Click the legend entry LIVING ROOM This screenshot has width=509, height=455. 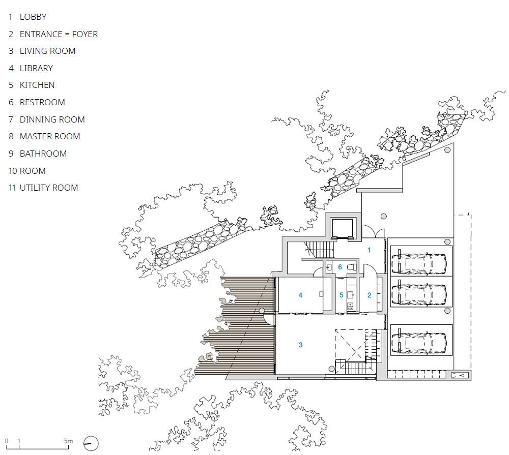point(47,51)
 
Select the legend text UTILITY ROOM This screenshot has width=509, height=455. point(49,188)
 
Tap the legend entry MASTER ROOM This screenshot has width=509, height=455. point(50,136)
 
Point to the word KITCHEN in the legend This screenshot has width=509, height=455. point(37,85)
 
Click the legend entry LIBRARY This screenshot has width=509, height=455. point(36,68)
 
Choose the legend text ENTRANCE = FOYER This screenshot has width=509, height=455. point(59,34)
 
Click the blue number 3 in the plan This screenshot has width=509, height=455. point(300,345)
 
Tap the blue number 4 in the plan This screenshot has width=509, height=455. point(300,295)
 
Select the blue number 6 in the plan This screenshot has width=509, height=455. point(340,267)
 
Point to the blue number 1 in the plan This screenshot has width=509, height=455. point(369,250)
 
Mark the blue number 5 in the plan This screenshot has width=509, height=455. point(341,295)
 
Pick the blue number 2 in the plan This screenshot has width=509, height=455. point(369,295)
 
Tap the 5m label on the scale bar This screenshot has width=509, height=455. point(68,441)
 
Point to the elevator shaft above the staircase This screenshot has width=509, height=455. point(342,229)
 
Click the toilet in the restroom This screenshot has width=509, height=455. point(352,267)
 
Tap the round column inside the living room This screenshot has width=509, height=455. point(331,369)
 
